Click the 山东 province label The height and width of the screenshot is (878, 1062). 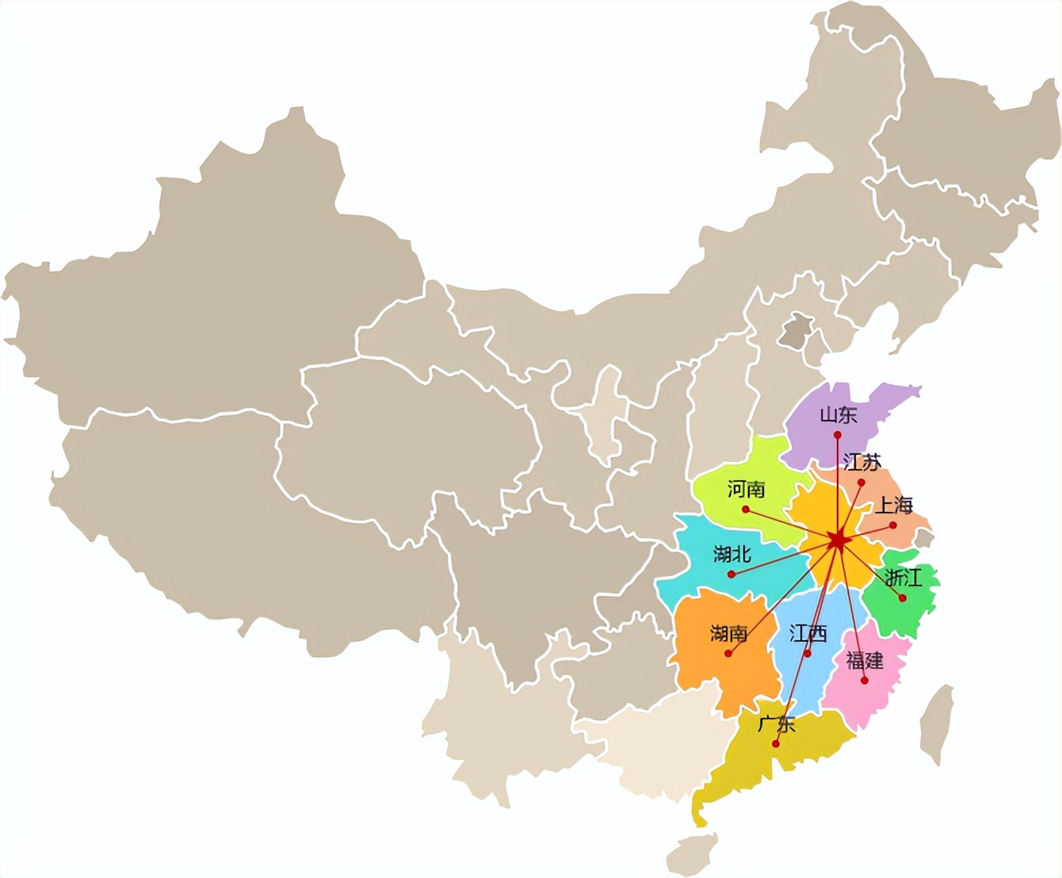point(838,414)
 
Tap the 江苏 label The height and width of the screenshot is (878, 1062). point(862,462)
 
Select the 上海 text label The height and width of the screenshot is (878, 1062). point(894,505)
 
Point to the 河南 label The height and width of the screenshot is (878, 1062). point(746,489)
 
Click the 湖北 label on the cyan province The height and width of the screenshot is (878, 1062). point(732,554)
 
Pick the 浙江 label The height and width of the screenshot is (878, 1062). point(903,577)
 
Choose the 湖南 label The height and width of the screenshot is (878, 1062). point(728,633)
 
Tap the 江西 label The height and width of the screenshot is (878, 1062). point(808,633)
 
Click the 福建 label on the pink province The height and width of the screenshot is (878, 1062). point(865,660)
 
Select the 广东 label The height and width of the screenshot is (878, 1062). point(776,723)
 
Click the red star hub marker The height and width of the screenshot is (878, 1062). point(837,541)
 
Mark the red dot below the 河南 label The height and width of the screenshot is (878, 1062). point(745,509)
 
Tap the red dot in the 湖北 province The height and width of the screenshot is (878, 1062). point(732,574)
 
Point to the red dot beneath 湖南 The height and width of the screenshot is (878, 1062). point(728,654)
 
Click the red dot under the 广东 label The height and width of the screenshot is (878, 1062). point(777,744)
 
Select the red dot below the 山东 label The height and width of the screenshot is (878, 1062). point(838,434)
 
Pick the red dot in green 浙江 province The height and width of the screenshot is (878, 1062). point(902,598)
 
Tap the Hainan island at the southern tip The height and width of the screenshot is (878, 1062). point(691,853)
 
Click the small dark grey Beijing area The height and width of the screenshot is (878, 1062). point(793,331)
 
